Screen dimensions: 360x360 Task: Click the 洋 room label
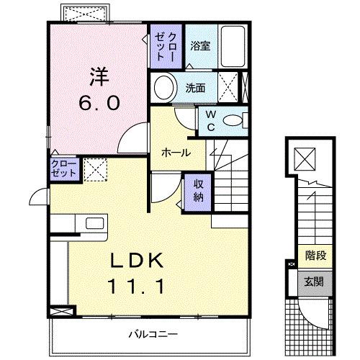(99, 76)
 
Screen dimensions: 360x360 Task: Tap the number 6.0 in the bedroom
(99, 102)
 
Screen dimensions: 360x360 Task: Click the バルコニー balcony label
(153, 333)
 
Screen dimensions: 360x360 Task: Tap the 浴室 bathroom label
(199, 45)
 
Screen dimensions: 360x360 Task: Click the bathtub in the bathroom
(232, 46)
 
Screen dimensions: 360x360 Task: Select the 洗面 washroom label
(196, 89)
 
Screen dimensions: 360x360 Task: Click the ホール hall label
(176, 153)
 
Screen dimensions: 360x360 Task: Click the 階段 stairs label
(315, 254)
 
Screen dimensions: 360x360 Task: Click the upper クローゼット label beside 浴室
(166, 45)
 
